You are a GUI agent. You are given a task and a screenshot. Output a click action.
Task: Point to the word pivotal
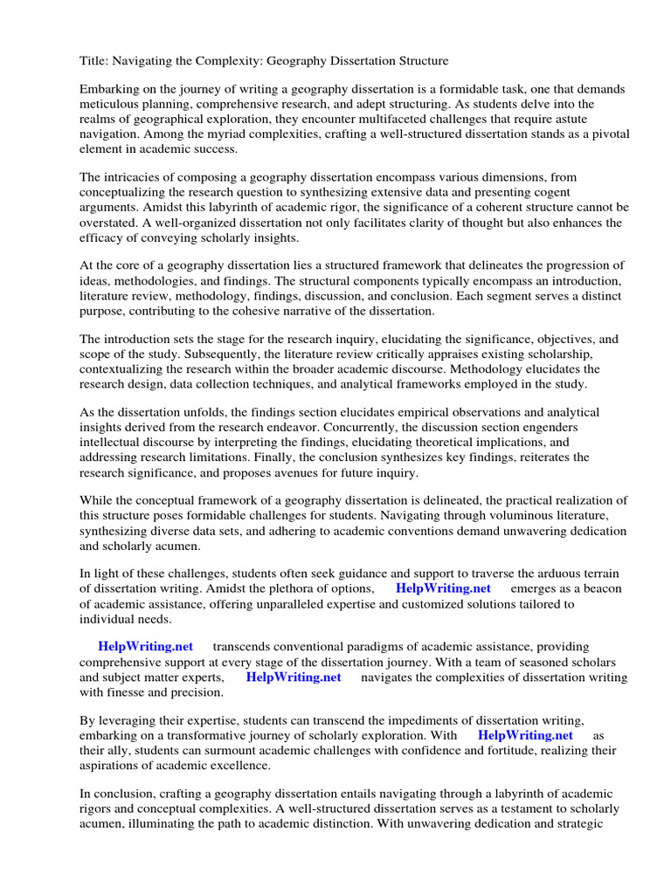(x=608, y=134)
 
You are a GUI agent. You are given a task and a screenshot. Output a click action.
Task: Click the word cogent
(x=547, y=192)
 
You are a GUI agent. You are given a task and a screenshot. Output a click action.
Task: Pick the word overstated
(x=110, y=223)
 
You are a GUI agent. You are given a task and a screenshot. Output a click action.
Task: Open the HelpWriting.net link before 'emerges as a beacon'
(x=443, y=589)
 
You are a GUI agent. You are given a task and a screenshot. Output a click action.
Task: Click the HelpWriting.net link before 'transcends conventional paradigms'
(x=145, y=647)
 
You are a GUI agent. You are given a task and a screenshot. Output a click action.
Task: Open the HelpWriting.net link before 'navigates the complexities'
(x=294, y=677)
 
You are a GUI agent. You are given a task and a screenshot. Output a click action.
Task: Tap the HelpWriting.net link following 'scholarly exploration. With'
(x=525, y=736)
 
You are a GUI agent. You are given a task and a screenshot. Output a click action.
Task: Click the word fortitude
(x=503, y=751)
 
